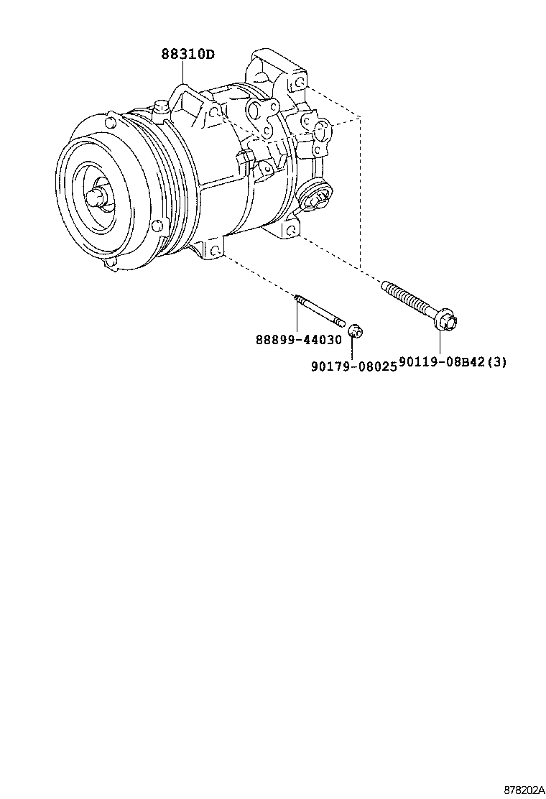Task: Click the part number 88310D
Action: pos(188,53)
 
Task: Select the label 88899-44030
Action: pos(298,339)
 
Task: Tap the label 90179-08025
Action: pos(353,366)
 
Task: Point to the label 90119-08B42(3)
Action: pos(453,362)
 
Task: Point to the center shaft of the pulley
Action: pos(97,197)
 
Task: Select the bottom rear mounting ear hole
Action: pos(292,231)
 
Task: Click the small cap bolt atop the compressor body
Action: pos(162,109)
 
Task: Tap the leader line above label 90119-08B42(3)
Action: pos(440,342)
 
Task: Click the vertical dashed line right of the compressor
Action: pos(360,193)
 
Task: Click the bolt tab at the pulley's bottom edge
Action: pos(109,264)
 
